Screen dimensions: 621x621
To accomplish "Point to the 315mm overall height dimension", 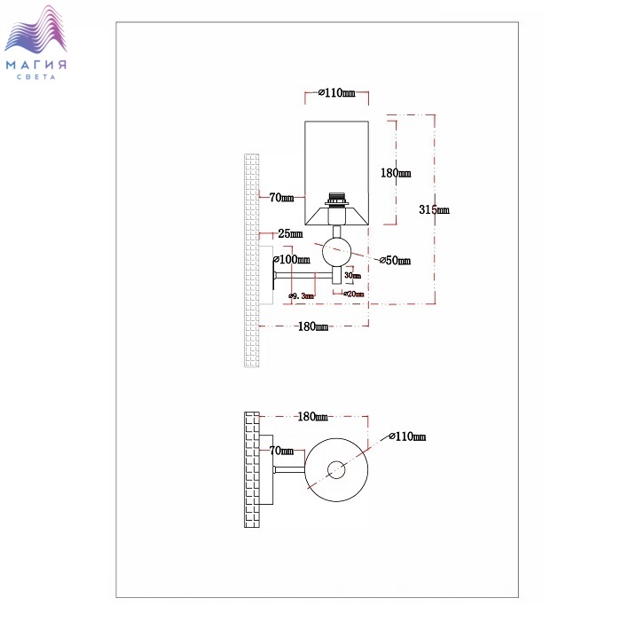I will (x=434, y=209).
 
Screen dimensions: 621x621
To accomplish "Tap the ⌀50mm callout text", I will (x=394, y=261).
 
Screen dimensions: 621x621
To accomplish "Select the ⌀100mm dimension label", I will (x=292, y=260).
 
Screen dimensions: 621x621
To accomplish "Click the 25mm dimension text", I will (x=289, y=234).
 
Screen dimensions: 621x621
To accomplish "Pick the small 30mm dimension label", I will (x=353, y=276).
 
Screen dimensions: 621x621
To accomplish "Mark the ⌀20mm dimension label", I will (x=353, y=294).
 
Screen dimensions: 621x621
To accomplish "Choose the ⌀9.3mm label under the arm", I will (x=302, y=295).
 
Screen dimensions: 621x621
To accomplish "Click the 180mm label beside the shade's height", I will (x=395, y=173).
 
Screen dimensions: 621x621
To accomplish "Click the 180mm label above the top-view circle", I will (x=313, y=416).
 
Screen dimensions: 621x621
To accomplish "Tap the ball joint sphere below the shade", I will (x=336, y=252).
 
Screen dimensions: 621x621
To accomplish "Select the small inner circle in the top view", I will (x=336, y=470).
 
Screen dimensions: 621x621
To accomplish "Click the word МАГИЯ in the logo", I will (x=37, y=65).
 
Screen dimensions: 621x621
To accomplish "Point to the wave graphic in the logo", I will (x=37, y=32).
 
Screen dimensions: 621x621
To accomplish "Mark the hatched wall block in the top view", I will (x=252, y=470).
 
